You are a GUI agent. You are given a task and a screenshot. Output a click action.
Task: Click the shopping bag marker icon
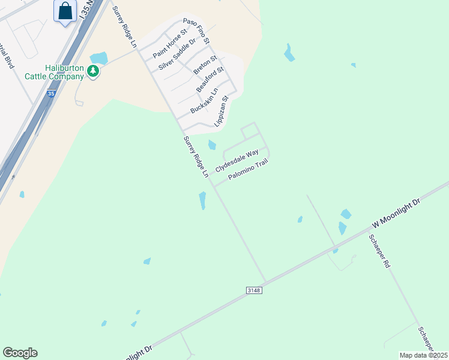(65, 11)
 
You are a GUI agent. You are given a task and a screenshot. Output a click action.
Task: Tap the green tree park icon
(93, 71)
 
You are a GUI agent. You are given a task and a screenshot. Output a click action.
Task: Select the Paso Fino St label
(196, 31)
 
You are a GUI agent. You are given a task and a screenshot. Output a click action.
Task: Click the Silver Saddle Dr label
(177, 54)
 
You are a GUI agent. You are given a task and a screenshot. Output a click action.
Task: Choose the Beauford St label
(210, 80)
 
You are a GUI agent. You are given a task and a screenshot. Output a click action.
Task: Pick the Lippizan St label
(221, 111)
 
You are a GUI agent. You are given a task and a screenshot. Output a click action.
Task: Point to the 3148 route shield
(255, 290)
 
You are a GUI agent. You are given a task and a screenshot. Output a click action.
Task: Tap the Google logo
(20, 352)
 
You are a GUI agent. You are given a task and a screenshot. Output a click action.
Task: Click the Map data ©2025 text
(423, 355)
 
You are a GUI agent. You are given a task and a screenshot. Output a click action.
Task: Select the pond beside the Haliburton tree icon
(99, 58)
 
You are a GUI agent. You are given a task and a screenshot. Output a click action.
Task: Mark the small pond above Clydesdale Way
(212, 145)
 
